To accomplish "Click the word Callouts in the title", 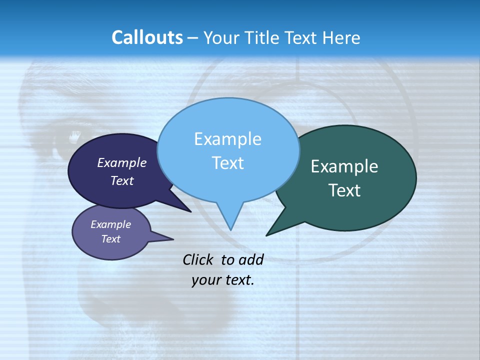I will [x=147, y=37].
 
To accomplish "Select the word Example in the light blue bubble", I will [x=227, y=139].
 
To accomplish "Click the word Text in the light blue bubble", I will [x=227, y=163].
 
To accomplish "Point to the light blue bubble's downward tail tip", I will [x=230, y=229].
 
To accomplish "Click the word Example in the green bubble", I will [x=344, y=166].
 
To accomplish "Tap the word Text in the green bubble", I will [x=344, y=190].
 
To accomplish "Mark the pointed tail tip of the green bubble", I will [x=267, y=235].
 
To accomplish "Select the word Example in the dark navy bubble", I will [x=122, y=162].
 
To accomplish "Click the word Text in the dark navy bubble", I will [x=122, y=180].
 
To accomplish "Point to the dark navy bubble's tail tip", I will [x=191, y=211].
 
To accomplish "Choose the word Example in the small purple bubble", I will [x=110, y=224].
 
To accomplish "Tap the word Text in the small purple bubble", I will [x=110, y=239].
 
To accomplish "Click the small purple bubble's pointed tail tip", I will [x=173, y=238].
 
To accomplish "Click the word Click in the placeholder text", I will [x=199, y=259].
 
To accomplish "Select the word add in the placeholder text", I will [x=250, y=259].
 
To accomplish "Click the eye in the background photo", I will [x=75, y=135].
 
